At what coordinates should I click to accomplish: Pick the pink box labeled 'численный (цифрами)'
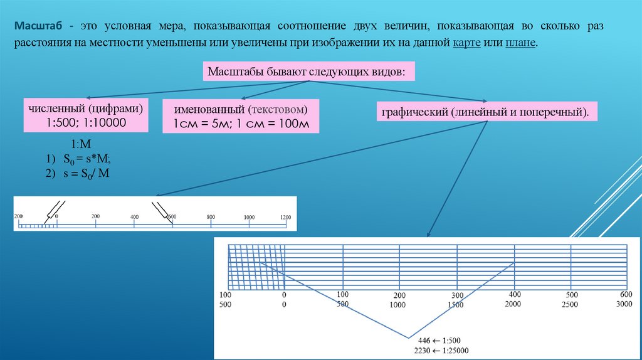(86, 114)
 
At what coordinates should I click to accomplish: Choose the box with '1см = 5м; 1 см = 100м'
(241, 116)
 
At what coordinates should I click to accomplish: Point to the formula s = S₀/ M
(86, 172)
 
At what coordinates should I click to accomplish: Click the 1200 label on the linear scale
(285, 217)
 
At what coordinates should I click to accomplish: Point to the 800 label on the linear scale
(211, 216)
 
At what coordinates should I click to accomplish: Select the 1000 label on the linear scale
(249, 217)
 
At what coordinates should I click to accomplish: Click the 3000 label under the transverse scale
(624, 304)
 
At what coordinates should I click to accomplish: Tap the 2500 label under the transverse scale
(571, 304)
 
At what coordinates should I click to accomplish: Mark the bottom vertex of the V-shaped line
(409, 337)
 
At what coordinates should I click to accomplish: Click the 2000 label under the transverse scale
(513, 304)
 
